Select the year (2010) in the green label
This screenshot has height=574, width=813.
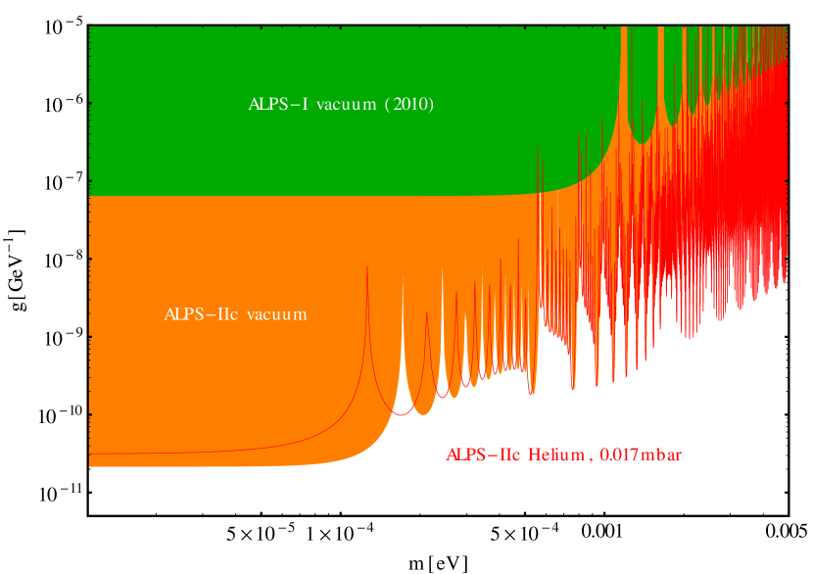coord(408,105)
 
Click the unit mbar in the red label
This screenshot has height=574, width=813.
coord(662,454)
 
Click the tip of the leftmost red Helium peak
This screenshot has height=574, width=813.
coord(367,266)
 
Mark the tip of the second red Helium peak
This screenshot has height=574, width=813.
coord(426,312)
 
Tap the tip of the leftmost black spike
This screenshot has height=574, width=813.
coord(403,325)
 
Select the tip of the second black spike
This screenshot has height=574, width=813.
coord(442,297)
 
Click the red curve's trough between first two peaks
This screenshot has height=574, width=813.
coord(399,414)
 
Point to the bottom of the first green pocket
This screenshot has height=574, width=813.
coord(641,143)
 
